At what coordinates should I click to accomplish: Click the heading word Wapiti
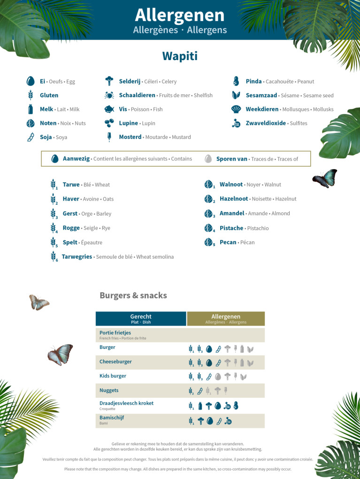click(x=180, y=56)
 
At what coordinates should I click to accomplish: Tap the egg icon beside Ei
click(x=31, y=81)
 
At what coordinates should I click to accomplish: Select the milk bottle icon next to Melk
click(x=31, y=109)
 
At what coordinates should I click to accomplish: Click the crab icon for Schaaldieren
click(x=109, y=95)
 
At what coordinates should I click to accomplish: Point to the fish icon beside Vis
click(x=109, y=109)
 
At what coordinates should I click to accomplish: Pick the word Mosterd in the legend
click(x=130, y=137)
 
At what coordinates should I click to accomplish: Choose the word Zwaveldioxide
click(x=266, y=123)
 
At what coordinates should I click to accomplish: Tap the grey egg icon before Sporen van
click(x=208, y=159)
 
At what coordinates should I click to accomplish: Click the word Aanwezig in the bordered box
click(x=76, y=159)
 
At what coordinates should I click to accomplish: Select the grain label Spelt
click(x=70, y=242)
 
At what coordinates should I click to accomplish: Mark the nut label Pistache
click(x=231, y=228)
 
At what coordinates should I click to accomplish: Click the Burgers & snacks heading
click(x=133, y=295)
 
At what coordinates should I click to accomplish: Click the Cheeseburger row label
click(x=115, y=362)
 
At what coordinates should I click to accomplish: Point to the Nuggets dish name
click(x=109, y=391)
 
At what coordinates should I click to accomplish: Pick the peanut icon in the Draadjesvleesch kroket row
click(x=236, y=405)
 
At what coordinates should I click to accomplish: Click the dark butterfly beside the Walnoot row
click(x=325, y=178)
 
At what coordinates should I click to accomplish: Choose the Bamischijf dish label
click(x=112, y=417)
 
